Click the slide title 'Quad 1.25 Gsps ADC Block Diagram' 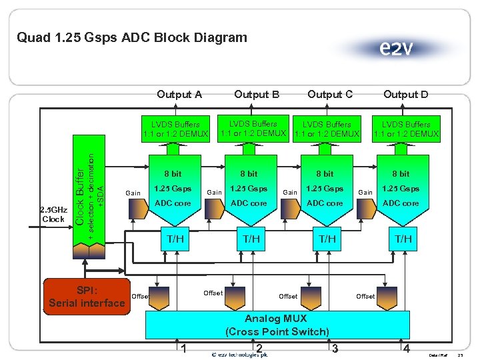132,37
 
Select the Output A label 179,95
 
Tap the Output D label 405,95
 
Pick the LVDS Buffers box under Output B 253,129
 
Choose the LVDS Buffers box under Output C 327,129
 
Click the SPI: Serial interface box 87,297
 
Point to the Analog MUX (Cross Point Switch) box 277,325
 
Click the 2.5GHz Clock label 53,213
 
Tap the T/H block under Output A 175,239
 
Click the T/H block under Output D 403,239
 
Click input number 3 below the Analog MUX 335,349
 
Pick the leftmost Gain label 133,193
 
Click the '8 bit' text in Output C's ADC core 325,174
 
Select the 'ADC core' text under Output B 249,203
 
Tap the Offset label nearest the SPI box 140,296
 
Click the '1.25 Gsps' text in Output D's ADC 401,189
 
